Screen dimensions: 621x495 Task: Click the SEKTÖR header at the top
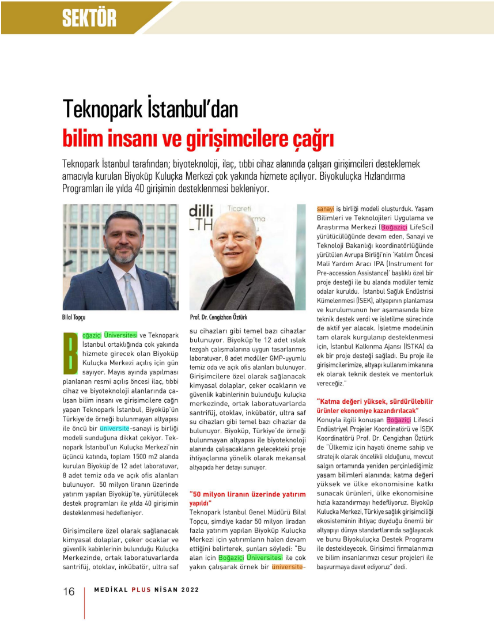tap(89, 18)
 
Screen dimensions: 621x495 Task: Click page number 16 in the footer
tap(69, 592)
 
